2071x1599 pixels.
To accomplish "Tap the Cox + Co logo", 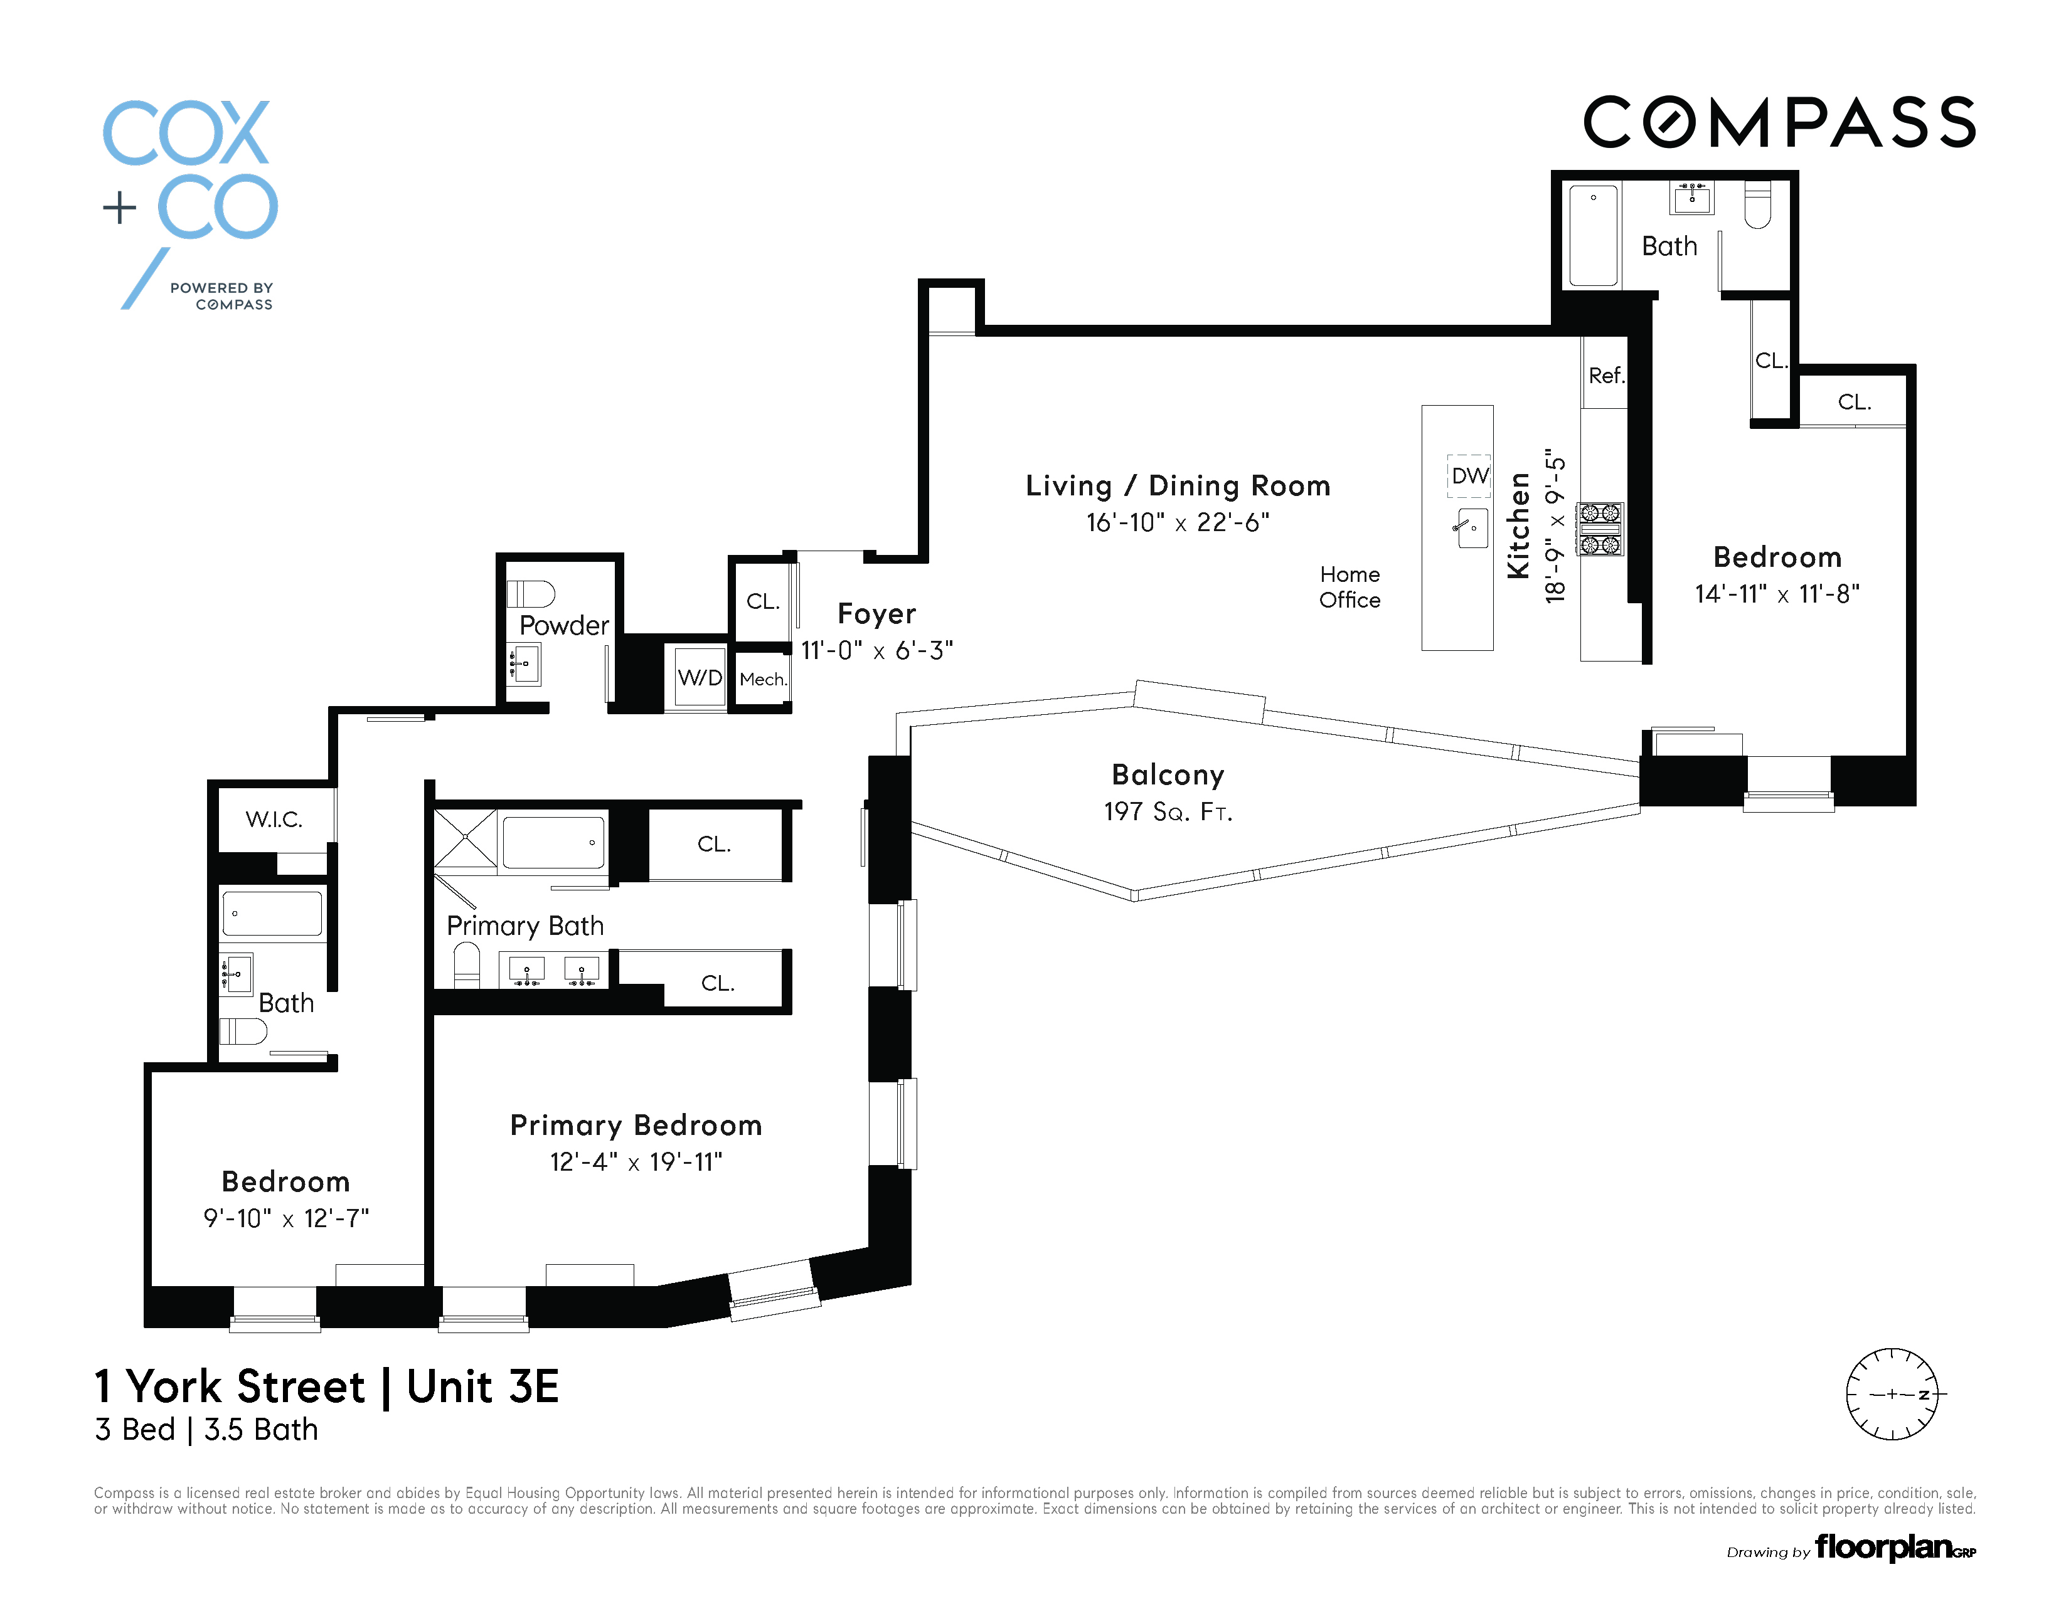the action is tap(189, 204).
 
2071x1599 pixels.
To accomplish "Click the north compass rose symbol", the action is tap(1892, 1393).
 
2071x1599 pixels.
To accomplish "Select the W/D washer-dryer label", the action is tap(700, 678).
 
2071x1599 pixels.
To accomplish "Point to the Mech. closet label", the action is tap(764, 680).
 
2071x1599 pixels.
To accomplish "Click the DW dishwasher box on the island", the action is tap(1470, 476).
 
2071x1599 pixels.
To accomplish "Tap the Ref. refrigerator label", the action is tap(1606, 376).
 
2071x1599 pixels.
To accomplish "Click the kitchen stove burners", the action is tap(1600, 529).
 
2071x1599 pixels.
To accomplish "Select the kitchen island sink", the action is tap(1471, 528).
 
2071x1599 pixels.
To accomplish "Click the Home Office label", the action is tap(1350, 587).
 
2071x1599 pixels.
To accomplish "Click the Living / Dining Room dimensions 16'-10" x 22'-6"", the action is tap(1178, 522).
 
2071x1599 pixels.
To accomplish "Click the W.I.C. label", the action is tap(274, 820).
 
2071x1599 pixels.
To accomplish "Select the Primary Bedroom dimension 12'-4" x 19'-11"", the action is tap(636, 1162).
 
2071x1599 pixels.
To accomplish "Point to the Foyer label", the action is tap(877, 614).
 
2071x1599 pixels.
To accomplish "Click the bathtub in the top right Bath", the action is tap(1593, 236).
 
